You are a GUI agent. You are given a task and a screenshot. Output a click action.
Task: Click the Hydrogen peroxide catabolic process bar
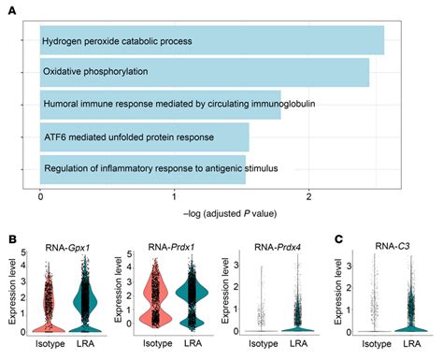[211, 41]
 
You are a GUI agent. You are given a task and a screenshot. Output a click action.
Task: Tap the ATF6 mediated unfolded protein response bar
[144, 137]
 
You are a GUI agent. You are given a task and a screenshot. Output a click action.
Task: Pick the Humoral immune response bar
[160, 105]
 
